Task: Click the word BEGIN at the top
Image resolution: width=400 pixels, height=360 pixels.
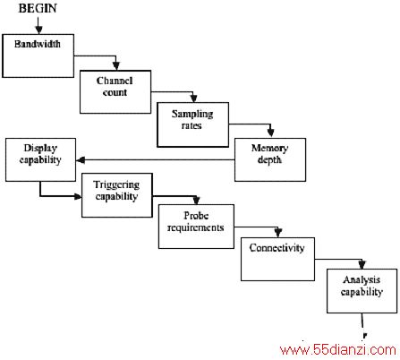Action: [x=38, y=8]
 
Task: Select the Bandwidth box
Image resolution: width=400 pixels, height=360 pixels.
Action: [x=38, y=56]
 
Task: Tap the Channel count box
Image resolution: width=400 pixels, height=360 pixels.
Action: [x=115, y=92]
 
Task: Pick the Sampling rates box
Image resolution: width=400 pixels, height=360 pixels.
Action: [x=193, y=124]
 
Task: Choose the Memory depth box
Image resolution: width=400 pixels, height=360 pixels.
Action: [x=270, y=159]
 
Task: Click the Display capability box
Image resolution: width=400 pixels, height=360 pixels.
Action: [x=40, y=159]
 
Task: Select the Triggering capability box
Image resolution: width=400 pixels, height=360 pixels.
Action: [x=117, y=195]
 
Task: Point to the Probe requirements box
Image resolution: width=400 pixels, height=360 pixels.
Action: [x=196, y=227]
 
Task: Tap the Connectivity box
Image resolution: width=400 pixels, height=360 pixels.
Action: [x=277, y=259]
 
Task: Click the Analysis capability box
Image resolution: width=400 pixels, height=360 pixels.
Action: [x=362, y=291]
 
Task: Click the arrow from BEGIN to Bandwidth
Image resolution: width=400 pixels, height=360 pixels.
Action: [x=38, y=25]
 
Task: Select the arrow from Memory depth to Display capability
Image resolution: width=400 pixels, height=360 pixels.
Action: [x=156, y=160]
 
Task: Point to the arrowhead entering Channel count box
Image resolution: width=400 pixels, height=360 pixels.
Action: [x=116, y=66]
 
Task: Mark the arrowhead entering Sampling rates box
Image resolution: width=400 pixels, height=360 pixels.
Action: [x=193, y=99]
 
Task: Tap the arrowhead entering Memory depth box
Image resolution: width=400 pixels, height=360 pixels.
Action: [x=270, y=133]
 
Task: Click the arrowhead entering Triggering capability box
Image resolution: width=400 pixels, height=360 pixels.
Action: [x=78, y=196]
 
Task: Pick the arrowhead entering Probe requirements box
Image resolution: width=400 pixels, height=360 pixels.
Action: [x=196, y=201]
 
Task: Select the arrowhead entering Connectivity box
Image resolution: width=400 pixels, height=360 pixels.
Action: [x=278, y=233]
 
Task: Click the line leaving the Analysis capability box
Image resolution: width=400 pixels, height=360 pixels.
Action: [x=363, y=326]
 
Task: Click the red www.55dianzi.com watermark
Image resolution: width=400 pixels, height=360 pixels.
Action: [x=338, y=350]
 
